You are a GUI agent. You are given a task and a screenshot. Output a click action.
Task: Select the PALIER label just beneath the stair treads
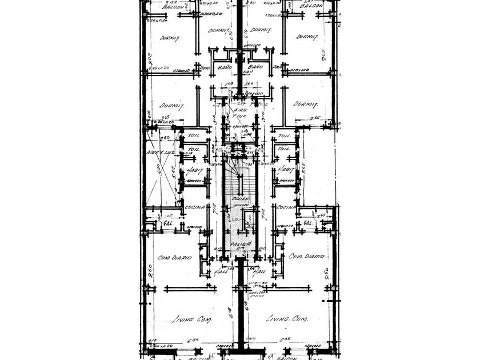pyautogui.click(x=239, y=198)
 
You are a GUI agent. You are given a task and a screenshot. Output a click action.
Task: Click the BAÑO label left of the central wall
pyautogui.click(x=225, y=67)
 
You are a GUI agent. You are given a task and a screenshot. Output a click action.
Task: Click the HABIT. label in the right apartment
pyautogui.click(x=285, y=170)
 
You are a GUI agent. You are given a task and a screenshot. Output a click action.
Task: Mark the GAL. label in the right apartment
pyautogui.click(x=309, y=222)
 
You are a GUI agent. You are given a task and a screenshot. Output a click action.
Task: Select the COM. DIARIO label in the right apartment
pyautogui.click(x=306, y=256)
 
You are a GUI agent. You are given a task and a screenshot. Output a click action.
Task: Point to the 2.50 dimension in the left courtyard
pyautogui.click(x=166, y=138)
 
